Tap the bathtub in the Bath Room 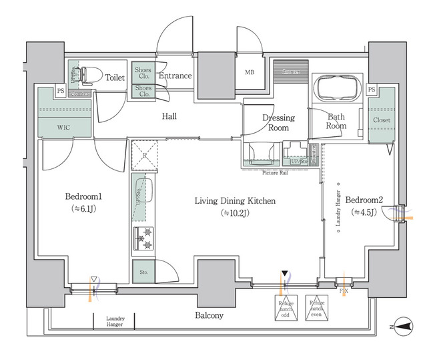[x=337, y=88]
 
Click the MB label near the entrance [x=249, y=72]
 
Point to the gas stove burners [x=144, y=238]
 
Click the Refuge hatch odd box [x=286, y=308]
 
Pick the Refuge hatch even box [x=318, y=308]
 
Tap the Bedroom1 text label [x=82, y=198]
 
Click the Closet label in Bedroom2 [x=382, y=120]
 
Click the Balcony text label [x=209, y=315]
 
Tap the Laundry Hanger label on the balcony [x=115, y=321]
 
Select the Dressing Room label [x=278, y=123]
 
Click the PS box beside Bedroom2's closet [x=372, y=89]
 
